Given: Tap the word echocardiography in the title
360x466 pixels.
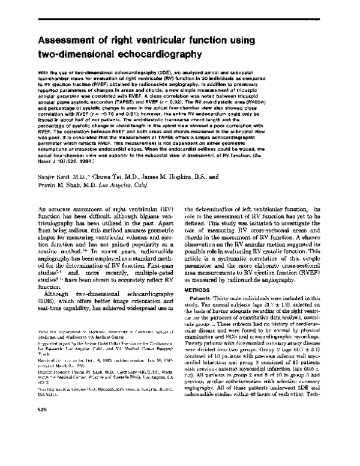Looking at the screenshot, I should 155,55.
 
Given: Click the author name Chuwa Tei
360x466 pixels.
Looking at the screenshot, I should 109,177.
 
